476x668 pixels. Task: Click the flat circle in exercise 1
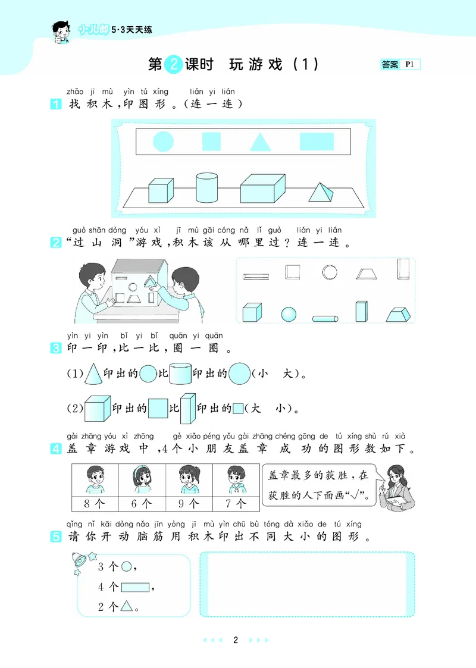click(163, 142)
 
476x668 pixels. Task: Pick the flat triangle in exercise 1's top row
click(260, 142)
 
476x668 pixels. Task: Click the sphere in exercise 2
click(289, 314)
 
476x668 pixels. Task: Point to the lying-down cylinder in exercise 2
click(325, 318)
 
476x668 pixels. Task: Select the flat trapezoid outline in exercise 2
click(366, 273)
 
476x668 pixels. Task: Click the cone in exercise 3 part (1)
click(93, 374)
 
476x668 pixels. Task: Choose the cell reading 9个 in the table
click(190, 503)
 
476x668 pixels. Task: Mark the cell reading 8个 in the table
click(94, 503)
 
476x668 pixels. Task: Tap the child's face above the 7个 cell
click(237, 476)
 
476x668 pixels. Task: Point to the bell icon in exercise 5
click(80, 560)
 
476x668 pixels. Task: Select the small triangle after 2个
click(126, 607)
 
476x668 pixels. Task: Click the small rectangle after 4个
click(135, 587)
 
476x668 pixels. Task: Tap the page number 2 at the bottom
click(236, 640)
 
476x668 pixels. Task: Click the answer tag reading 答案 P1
click(400, 65)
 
